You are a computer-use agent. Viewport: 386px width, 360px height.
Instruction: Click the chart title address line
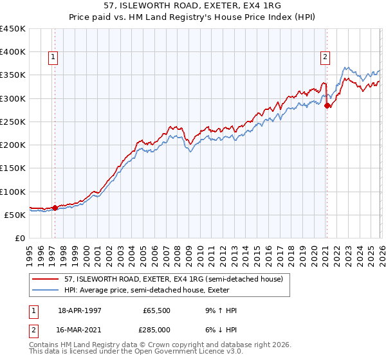pyautogui.click(x=193, y=6)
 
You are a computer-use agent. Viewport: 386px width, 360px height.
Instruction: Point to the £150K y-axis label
pyautogui.click(x=13, y=168)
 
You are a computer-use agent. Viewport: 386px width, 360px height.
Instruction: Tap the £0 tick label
pyautogui.click(x=20, y=239)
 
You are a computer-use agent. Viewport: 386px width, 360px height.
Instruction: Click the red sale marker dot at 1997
pyautogui.click(x=55, y=208)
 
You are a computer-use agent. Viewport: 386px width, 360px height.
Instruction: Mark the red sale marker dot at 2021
pyautogui.click(x=327, y=105)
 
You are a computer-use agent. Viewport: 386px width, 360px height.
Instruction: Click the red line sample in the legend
pyautogui.click(x=47, y=279)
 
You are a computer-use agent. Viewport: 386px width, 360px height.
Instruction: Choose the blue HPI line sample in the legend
pyautogui.click(x=47, y=290)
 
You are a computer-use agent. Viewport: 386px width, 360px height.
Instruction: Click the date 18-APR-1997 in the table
pyautogui.click(x=80, y=310)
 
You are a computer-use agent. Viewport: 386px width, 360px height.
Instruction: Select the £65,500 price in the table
pyautogui.click(x=157, y=310)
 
